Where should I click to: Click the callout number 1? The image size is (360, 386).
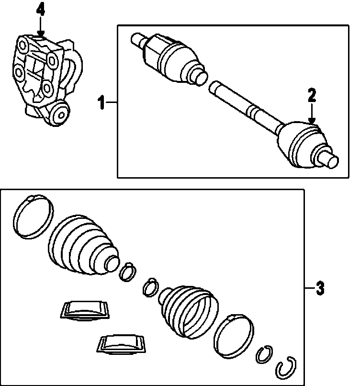[x=101, y=102]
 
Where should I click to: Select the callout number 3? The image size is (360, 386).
[x=320, y=289]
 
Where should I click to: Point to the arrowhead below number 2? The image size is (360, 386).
[x=312, y=123]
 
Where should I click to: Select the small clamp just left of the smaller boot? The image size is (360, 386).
[x=150, y=286]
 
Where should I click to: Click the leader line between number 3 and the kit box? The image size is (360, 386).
[x=309, y=288]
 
